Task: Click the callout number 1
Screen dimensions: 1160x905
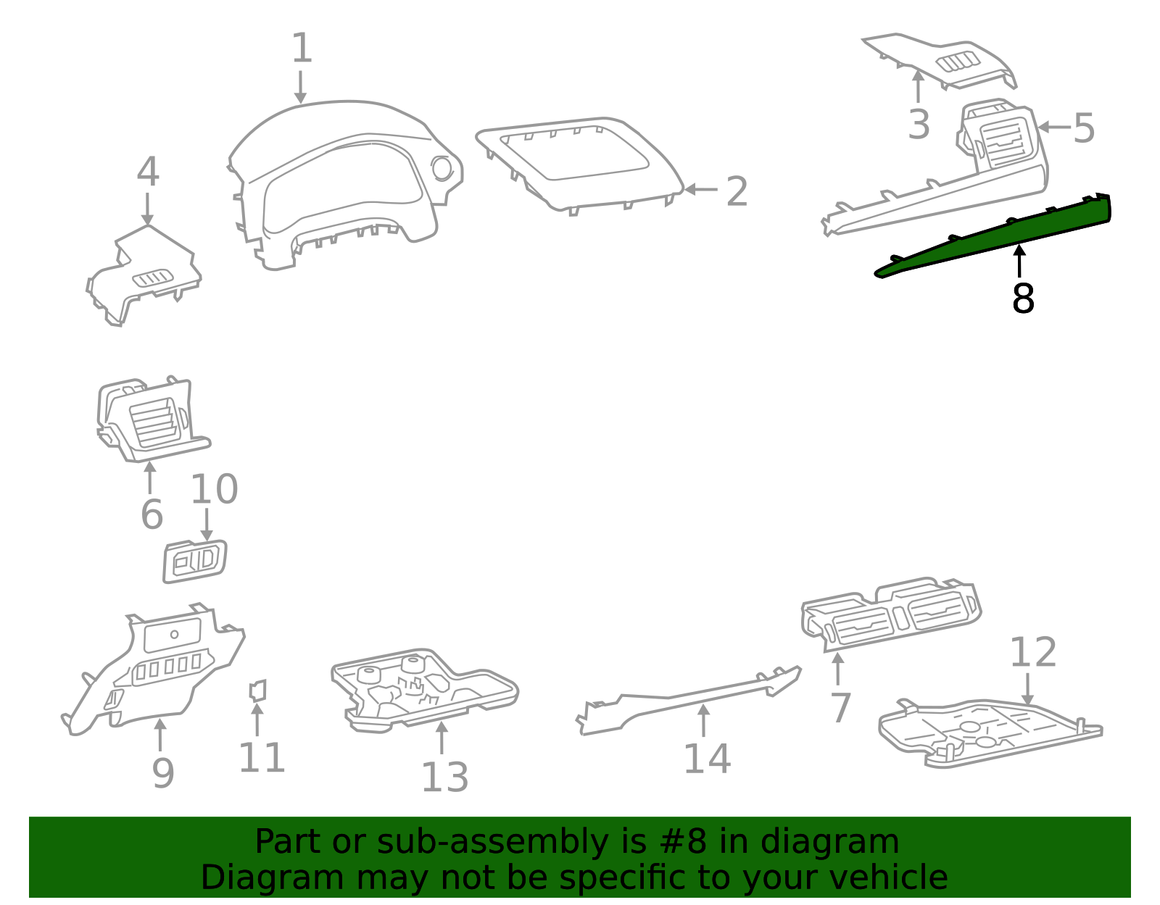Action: click(302, 48)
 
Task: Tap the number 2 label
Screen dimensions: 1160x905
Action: click(737, 191)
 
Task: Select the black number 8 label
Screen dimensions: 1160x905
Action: click(1023, 299)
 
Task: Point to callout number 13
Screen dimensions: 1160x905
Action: click(444, 777)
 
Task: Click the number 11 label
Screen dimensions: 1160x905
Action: click(262, 757)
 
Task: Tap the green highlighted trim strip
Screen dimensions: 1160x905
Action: click(993, 235)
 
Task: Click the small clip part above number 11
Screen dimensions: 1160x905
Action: click(258, 690)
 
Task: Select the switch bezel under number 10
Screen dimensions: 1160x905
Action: click(195, 561)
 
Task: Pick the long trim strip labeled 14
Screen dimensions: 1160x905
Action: click(689, 700)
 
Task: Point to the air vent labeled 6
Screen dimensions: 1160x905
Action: click(153, 419)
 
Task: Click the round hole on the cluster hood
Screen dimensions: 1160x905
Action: click(442, 169)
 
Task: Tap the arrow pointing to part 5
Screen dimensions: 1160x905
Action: click(1054, 127)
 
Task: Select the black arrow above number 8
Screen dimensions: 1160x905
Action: click(1019, 261)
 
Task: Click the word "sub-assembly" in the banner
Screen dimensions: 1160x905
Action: click(492, 843)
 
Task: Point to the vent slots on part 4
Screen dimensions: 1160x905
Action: click(152, 278)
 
